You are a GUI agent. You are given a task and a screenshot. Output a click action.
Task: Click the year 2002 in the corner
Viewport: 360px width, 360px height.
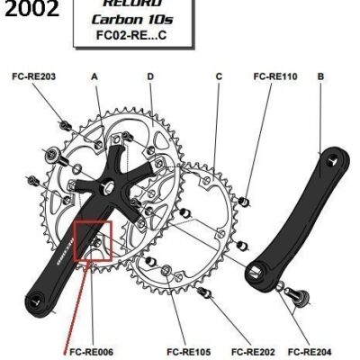pos(31,12)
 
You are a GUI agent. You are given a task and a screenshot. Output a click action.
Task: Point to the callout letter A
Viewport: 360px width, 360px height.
pos(94,77)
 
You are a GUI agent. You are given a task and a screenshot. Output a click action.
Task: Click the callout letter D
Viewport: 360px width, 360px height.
pos(150,77)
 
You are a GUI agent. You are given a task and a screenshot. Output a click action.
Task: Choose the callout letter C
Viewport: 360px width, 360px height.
pos(219,77)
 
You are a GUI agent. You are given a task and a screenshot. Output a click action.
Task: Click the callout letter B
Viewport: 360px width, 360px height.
pos(320,77)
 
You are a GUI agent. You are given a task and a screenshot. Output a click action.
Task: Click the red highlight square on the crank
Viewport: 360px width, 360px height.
pos(93,240)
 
